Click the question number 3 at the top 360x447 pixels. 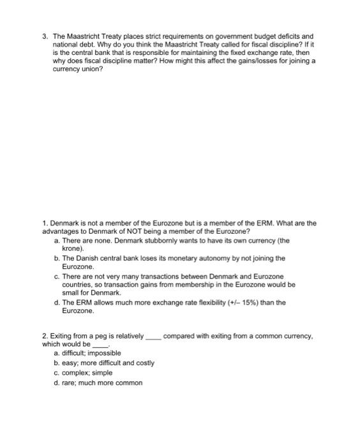click(x=43, y=37)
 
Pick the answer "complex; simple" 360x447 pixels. click(x=87, y=372)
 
